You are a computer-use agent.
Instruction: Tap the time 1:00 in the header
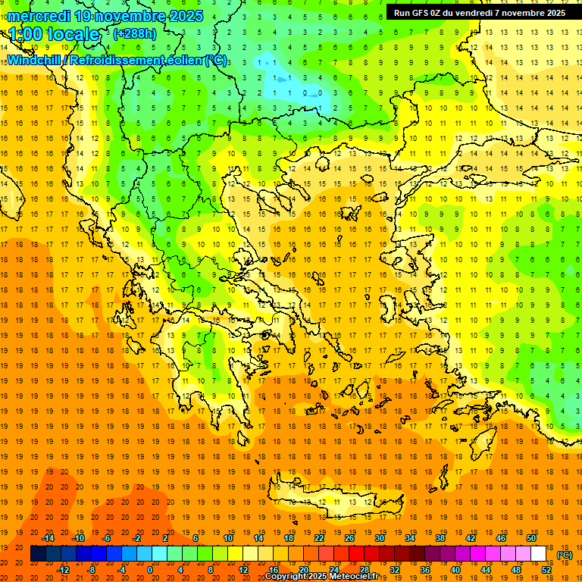(x=26, y=34)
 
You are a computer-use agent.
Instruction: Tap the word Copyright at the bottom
(x=286, y=577)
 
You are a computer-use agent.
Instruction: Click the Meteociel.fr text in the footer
(x=354, y=577)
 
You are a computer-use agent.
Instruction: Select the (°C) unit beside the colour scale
(x=564, y=555)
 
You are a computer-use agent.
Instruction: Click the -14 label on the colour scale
(x=48, y=538)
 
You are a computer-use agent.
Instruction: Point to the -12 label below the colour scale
(x=63, y=570)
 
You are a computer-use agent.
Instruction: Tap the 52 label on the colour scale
(x=546, y=570)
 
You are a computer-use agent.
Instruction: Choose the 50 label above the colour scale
(x=531, y=538)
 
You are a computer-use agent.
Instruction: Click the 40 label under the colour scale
(x=455, y=570)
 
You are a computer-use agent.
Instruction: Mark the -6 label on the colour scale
(x=107, y=538)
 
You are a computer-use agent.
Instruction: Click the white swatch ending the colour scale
(x=539, y=554)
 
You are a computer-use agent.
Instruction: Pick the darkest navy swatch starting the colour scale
(x=38, y=554)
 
